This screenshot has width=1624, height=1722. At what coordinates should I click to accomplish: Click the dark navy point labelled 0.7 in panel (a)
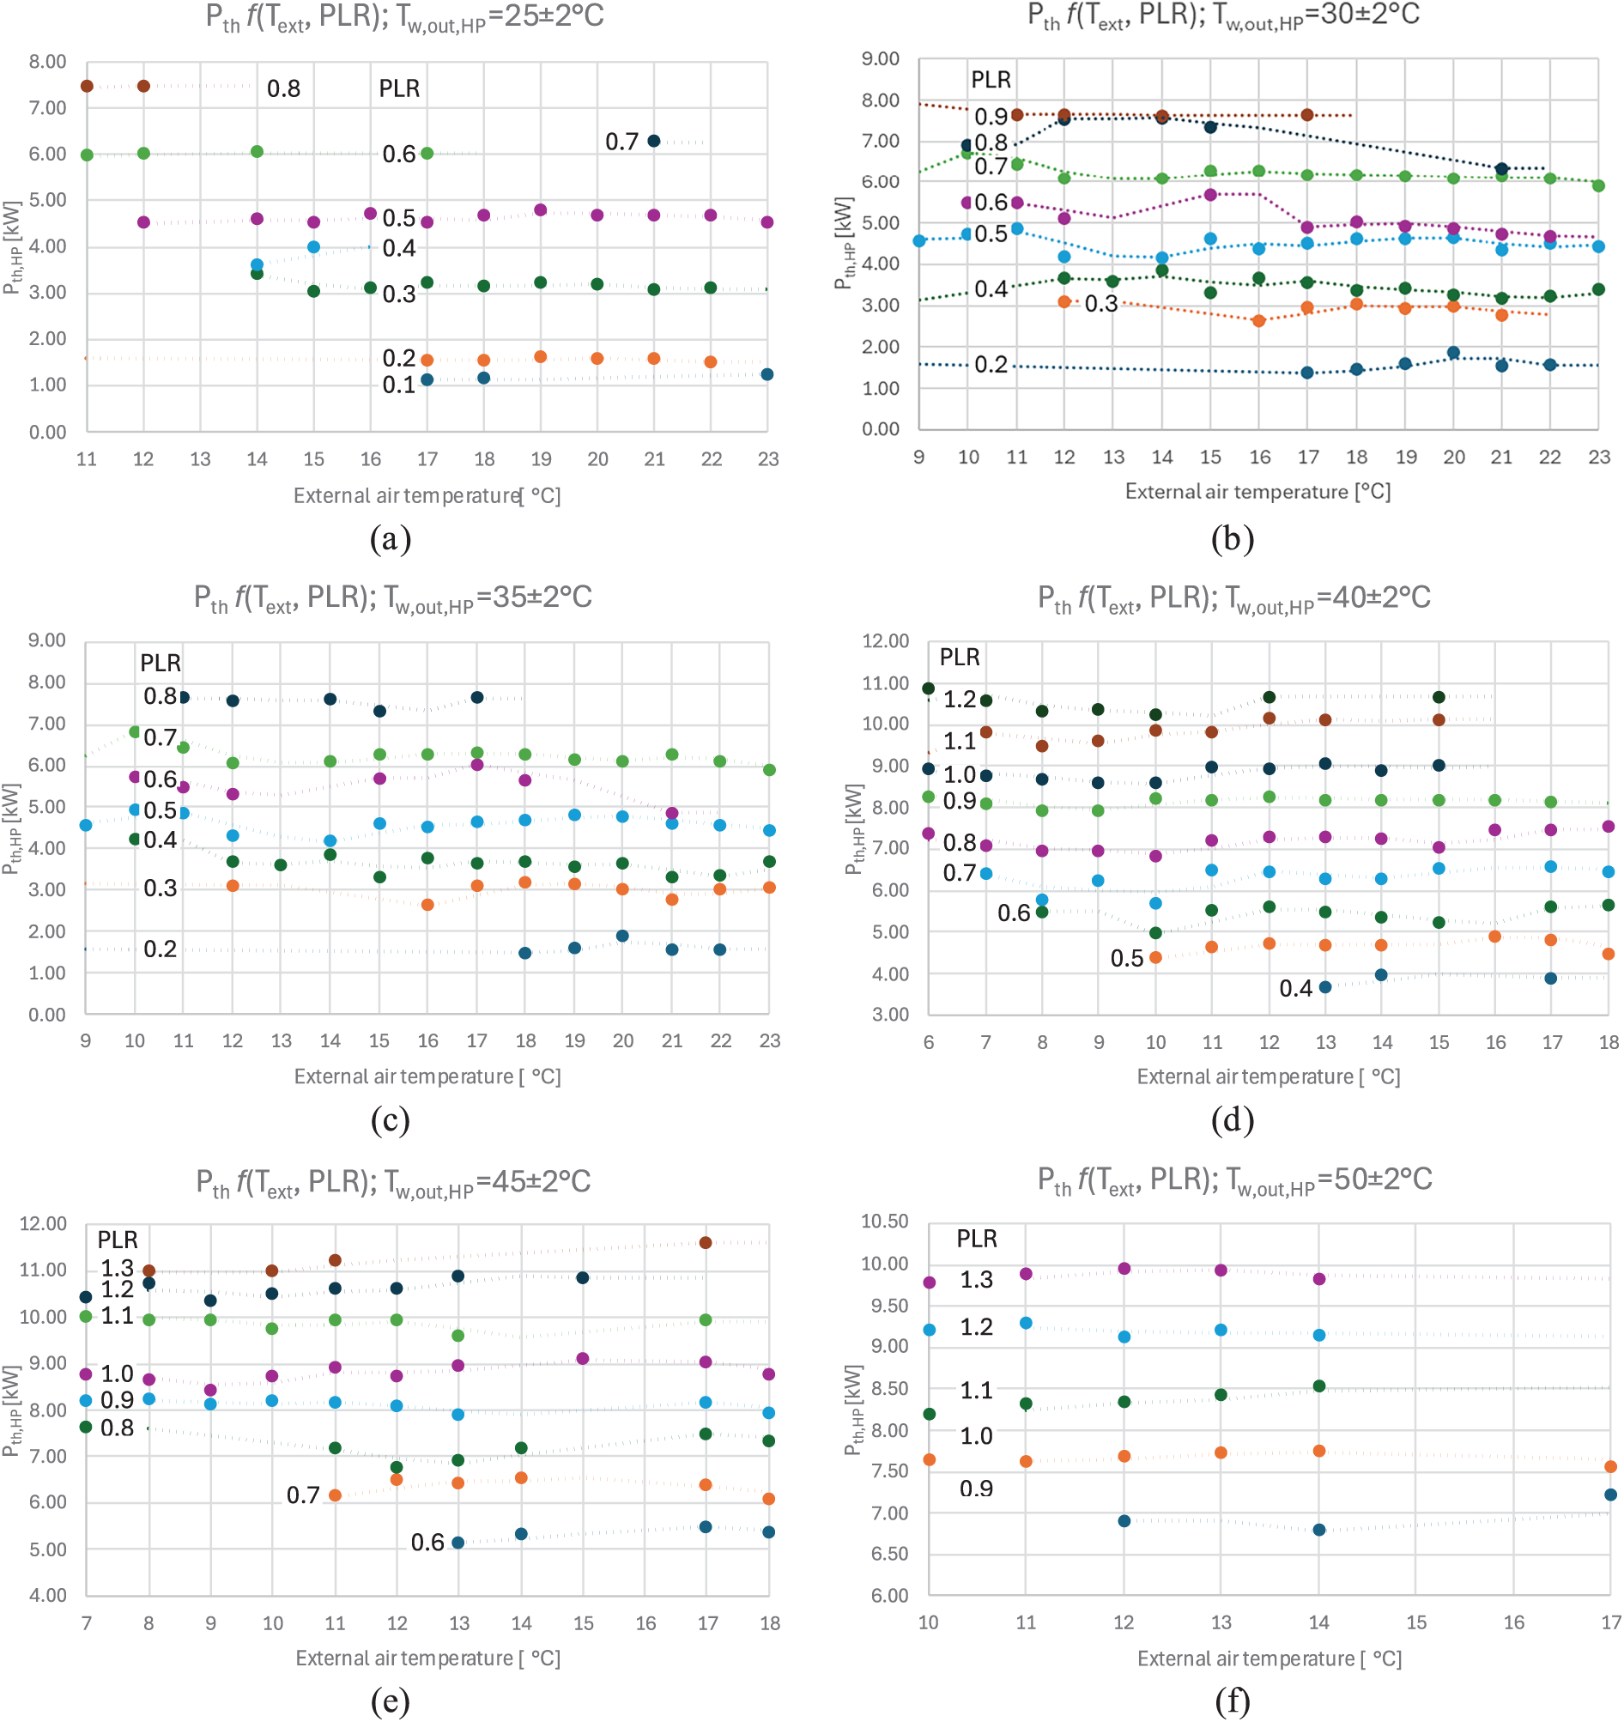[x=654, y=141]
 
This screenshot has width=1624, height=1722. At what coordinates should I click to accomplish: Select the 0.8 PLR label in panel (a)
[x=283, y=88]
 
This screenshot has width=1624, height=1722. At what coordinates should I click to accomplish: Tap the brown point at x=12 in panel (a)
[x=144, y=86]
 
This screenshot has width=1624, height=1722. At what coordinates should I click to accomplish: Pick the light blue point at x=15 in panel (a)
[x=313, y=247]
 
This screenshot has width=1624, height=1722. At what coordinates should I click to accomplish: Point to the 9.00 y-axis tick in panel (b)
[x=880, y=59]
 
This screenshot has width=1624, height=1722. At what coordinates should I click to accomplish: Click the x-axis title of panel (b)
[x=1257, y=491]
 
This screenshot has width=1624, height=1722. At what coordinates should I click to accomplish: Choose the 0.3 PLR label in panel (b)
[x=1101, y=304]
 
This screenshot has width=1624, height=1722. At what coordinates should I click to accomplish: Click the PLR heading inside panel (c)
[x=161, y=663]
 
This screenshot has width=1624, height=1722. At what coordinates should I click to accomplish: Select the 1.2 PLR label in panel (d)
[x=960, y=699]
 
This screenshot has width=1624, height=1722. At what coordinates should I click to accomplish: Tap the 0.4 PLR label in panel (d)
[x=1296, y=988]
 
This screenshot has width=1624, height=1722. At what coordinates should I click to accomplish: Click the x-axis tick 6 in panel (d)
[x=929, y=1042]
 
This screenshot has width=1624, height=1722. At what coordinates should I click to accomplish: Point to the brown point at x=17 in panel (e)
[x=706, y=1242]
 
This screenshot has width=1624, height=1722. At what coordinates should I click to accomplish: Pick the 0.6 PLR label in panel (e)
[x=427, y=1542]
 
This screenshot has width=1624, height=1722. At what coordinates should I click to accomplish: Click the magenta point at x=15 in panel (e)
[x=583, y=1358]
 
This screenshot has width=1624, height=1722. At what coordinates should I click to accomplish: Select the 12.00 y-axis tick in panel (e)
[x=43, y=1223]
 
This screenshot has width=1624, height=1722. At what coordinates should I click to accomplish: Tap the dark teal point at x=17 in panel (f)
[x=1610, y=1495]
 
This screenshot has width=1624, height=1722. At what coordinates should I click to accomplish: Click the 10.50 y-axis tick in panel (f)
[x=884, y=1221]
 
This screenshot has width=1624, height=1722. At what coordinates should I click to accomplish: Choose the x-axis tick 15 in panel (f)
[x=1416, y=1622]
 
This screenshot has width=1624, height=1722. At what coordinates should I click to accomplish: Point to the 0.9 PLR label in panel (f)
[x=976, y=1489]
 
